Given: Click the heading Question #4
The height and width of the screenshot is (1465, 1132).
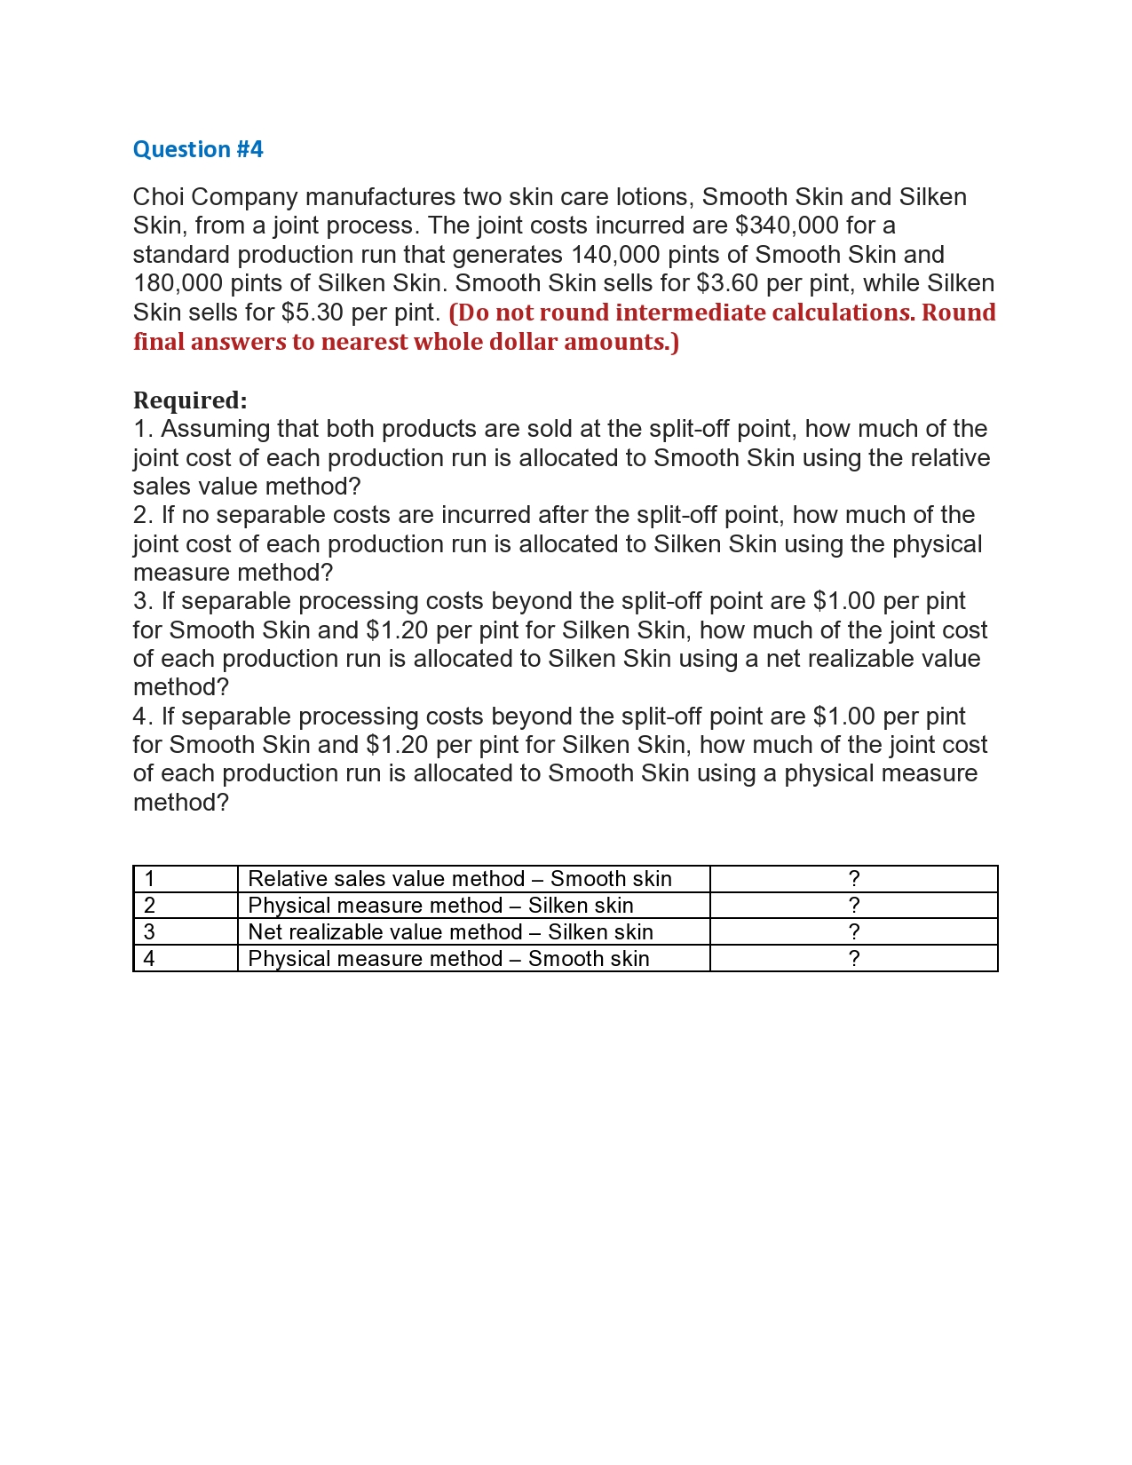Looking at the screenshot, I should (x=198, y=149).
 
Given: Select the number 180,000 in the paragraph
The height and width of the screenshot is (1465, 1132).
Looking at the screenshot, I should (x=178, y=283).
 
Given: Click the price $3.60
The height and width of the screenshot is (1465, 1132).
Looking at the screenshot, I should (x=728, y=283).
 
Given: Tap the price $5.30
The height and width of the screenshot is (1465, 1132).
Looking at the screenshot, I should (x=313, y=313).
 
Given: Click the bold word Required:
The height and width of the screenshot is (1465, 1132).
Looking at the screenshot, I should (x=190, y=400).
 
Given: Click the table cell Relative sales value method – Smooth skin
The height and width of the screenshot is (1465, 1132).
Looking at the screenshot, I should (x=460, y=879).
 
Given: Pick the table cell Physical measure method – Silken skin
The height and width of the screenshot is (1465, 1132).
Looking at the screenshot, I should (x=440, y=906).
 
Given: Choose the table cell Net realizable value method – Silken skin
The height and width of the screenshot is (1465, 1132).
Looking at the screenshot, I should (x=450, y=932).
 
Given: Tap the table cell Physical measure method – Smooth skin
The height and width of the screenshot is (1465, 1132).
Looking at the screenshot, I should (x=448, y=959).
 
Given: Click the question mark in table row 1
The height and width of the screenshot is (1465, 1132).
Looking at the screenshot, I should (x=853, y=879).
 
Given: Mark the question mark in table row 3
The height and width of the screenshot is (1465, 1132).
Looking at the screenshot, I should (x=853, y=932).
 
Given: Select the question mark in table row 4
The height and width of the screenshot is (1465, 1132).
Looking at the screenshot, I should (x=853, y=959).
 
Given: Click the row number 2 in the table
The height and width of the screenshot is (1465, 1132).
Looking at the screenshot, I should (x=149, y=906).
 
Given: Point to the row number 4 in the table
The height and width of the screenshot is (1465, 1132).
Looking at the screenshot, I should (x=149, y=959).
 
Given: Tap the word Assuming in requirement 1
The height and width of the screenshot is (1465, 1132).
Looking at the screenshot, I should (x=215, y=429).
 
